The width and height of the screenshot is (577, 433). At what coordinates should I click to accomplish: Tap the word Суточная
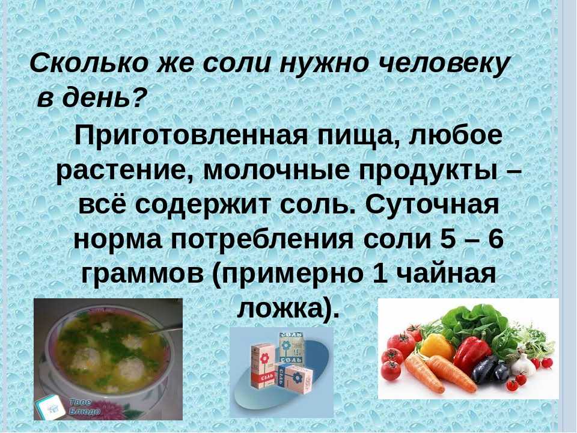[432, 206]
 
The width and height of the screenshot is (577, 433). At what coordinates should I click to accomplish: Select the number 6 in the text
[495, 239]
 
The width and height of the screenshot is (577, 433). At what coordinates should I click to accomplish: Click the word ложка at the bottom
[282, 309]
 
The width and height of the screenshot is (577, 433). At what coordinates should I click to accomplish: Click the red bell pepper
[472, 354]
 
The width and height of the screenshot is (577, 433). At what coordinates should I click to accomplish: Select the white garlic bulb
[522, 364]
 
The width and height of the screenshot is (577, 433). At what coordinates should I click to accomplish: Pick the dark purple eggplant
[489, 370]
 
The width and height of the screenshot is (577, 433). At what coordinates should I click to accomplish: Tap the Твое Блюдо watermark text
[85, 407]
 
